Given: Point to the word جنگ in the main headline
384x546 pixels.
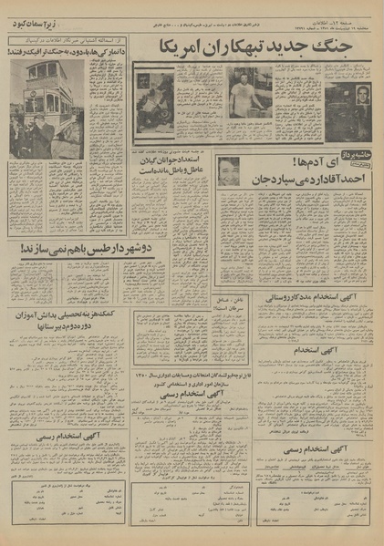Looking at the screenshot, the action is click(x=353, y=46).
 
